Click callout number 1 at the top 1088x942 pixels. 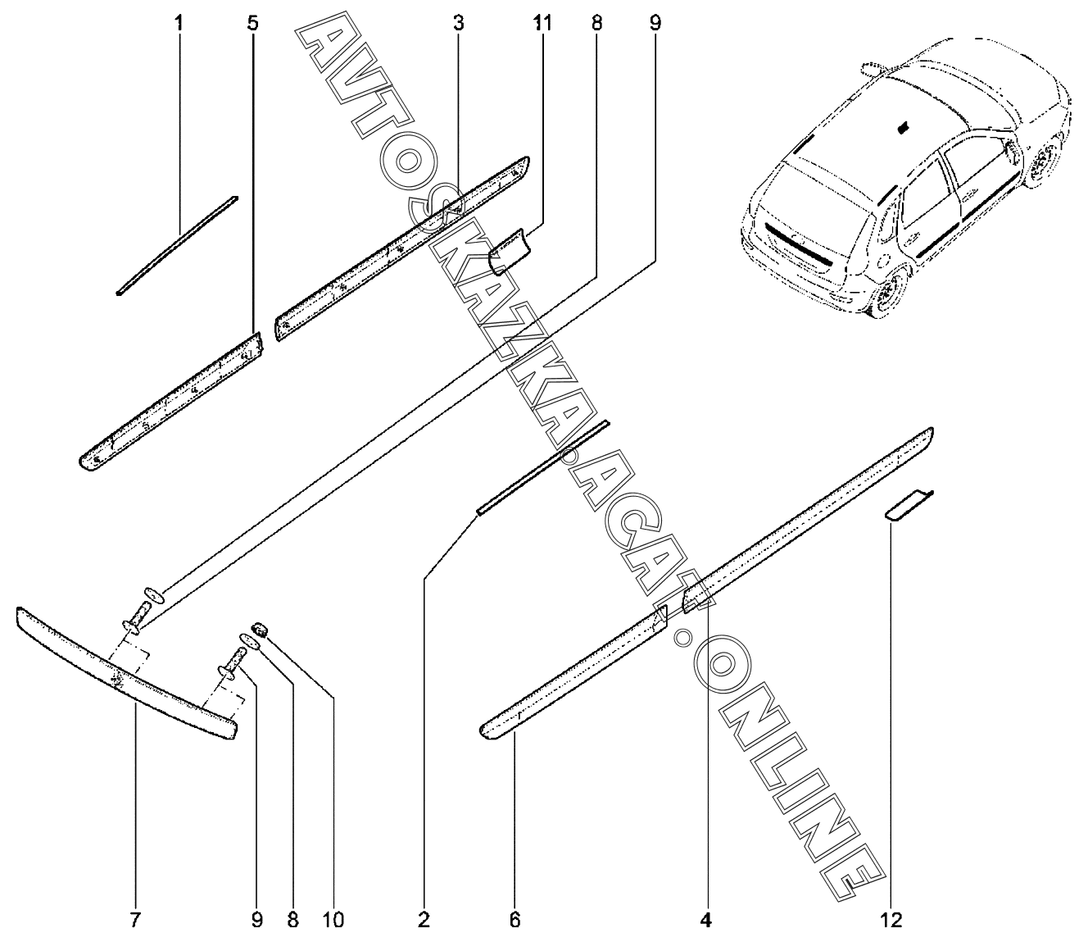(x=179, y=24)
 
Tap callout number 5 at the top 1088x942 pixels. (x=253, y=24)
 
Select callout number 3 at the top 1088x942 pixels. (x=458, y=24)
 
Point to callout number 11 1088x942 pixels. (x=542, y=24)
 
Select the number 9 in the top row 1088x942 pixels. (x=655, y=24)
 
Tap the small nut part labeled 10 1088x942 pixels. (x=261, y=628)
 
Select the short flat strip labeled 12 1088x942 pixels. (x=909, y=506)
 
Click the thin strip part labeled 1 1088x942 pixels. (x=177, y=245)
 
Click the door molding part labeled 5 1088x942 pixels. (x=170, y=402)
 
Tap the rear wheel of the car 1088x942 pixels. (x=889, y=295)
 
